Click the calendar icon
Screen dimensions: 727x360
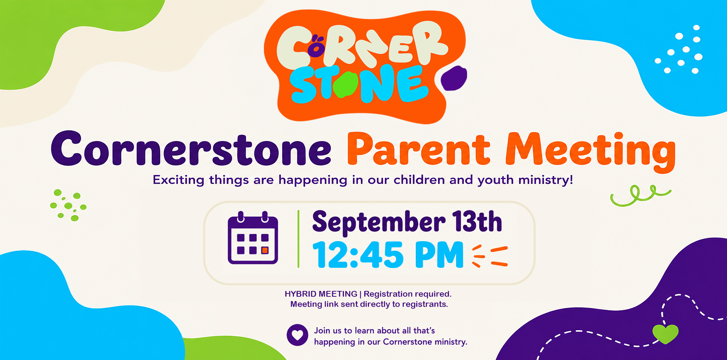click(253, 238)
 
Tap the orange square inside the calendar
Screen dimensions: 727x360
click(265, 250)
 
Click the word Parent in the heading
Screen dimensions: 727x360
click(418, 150)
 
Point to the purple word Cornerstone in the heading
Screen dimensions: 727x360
click(191, 149)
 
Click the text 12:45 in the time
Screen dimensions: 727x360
click(358, 255)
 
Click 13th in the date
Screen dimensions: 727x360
click(477, 221)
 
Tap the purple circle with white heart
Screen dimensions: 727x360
click(297, 335)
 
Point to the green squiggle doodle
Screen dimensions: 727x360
click(640, 196)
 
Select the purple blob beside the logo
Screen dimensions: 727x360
click(454, 78)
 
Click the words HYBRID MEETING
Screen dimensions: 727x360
click(321, 294)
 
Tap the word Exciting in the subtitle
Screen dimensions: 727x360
click(178, 180)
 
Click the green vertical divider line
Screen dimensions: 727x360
click(298, 239)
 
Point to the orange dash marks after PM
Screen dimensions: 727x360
click(490, 256)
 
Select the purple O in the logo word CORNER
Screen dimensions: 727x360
click(317, 48)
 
